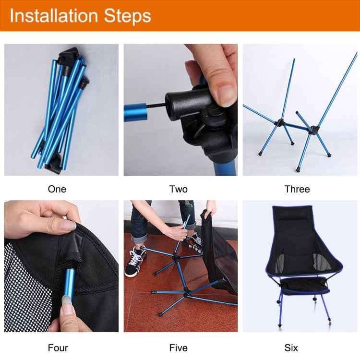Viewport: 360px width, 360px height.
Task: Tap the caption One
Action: pos(57,189)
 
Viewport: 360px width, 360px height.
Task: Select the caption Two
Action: pos(179,189)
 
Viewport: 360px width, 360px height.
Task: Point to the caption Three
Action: pos(297,189)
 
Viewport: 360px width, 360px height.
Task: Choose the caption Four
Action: pos(58,348)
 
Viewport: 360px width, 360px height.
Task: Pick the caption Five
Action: pos(179,348)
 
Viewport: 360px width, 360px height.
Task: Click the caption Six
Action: pos(291,348)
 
